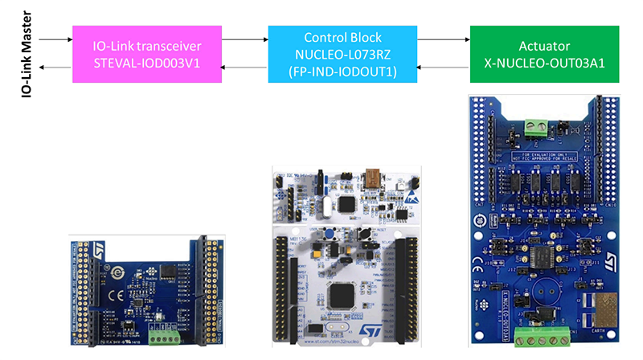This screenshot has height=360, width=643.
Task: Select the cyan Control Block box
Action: (x=342, y=54)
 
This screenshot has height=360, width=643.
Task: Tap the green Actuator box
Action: (x=544, y=54)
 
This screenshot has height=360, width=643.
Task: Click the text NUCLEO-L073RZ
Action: (x=342, y=54)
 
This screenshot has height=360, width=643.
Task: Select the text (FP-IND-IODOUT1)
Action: (x=342, y=70)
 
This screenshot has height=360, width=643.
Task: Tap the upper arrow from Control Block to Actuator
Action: (x=443, y=39)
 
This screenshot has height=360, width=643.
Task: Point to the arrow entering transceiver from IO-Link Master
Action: (x=55, y=39)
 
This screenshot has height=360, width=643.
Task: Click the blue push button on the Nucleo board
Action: (x=330, y=235)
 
